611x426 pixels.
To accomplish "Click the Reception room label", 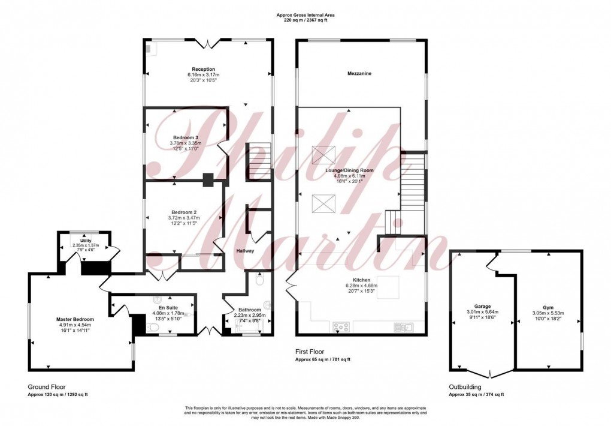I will point(204,69).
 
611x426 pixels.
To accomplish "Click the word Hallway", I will point(245,251).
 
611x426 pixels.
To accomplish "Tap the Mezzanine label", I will point(359,74).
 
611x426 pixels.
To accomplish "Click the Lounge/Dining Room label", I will point(349,170).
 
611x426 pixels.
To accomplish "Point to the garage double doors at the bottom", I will point(490,373).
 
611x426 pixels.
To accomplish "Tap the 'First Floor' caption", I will point(310,352).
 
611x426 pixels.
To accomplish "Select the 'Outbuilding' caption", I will point(465,387).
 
